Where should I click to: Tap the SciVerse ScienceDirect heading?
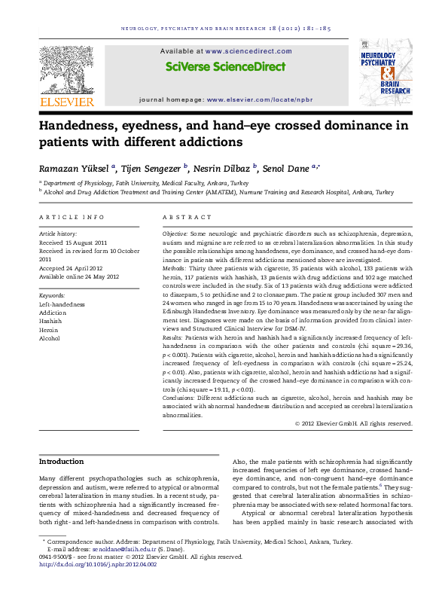click(x=225, y=66)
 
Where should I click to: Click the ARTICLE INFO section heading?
click(x=72, y=217)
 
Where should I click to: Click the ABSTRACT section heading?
click(x=187, y=217)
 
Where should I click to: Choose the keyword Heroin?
click(x=48, y=330)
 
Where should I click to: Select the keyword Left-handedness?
click(x=62, y=304)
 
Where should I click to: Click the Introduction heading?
click(x=61, y=461)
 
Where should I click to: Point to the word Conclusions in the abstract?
click(x=184, y=398)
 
